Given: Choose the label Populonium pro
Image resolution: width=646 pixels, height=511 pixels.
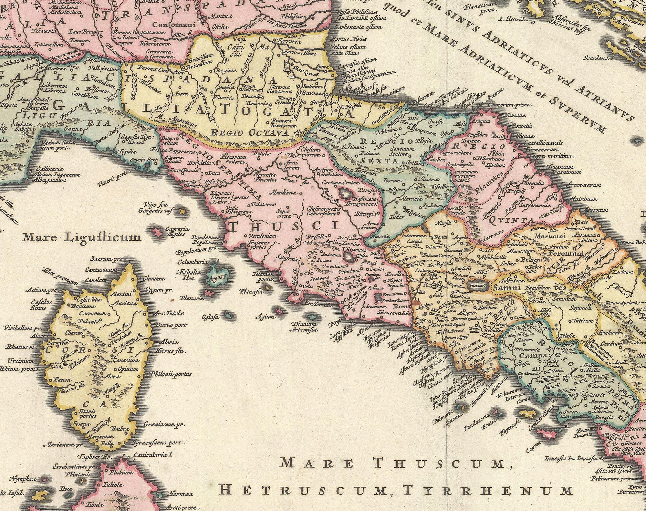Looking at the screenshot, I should pyautogui.click(x=193, y=251).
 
